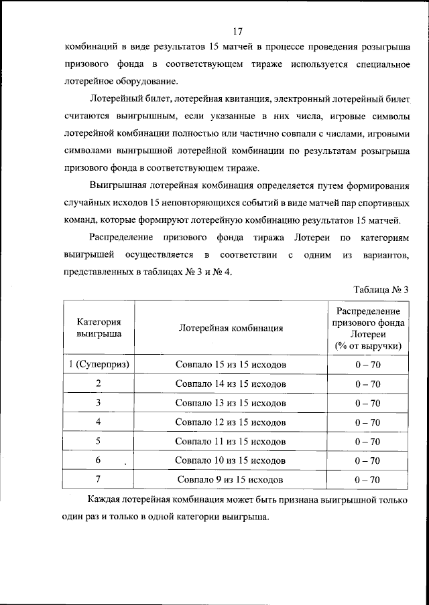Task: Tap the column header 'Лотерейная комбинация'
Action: point(231,328)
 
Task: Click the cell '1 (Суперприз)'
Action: point(99,365)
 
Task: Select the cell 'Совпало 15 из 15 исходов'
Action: point(231,365)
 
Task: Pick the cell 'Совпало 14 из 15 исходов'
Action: point(231,384)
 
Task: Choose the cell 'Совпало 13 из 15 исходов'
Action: point(231,403)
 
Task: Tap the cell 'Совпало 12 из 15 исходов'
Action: point(231,422)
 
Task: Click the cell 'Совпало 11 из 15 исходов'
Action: point(231,442)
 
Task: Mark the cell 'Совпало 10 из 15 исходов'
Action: point(231,460)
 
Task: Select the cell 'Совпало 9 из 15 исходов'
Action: point(231,480)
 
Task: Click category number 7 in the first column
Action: point(99,479)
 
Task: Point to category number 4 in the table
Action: point(99,422)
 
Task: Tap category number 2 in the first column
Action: point(99,383)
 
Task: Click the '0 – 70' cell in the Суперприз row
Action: point(368,365)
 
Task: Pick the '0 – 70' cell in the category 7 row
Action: point(368,480)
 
